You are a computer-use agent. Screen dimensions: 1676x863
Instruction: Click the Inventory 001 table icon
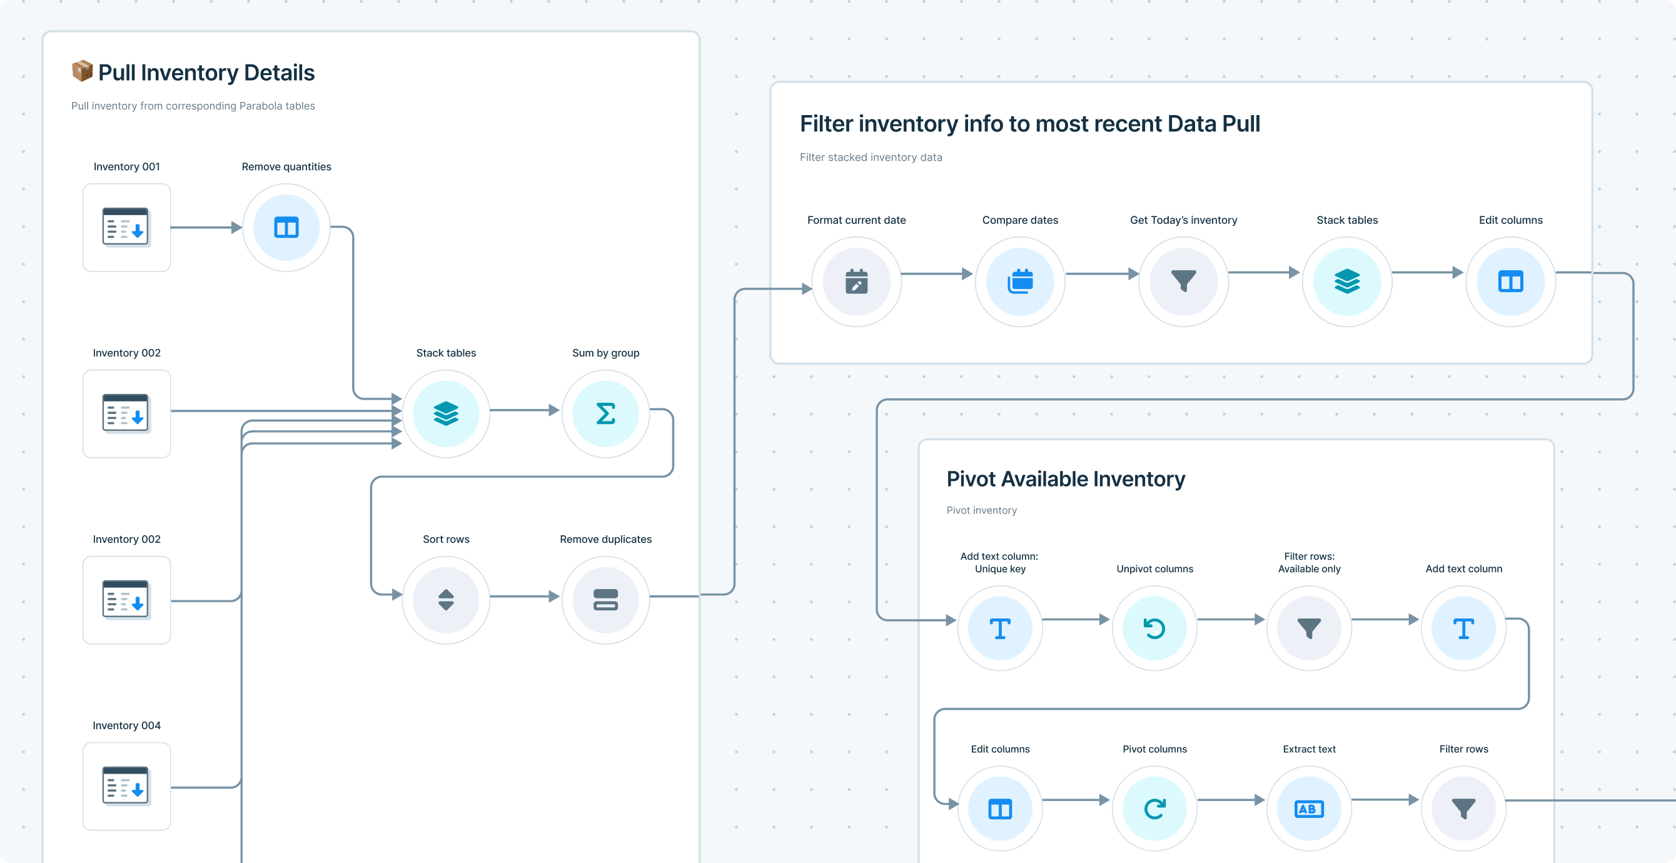pyautogui.click(x=126, y=227)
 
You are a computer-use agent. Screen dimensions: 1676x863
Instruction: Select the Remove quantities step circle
pyautogui.click(x=286, y=227)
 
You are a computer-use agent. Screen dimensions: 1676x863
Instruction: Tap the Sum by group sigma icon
pyautogui.click(x=606, y=413)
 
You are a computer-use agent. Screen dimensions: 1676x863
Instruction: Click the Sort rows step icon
pyautogui.click(x=446, y=600)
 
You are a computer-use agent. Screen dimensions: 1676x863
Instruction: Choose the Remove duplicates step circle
pyautogui.click(x=606, y=600)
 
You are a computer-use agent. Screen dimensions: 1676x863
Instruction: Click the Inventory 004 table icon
pyautogui.click(x=126, y=786)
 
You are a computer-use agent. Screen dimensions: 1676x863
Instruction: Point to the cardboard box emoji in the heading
pyautogui.click(x=82, y=71)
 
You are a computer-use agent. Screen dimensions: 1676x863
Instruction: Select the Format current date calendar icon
pyautogui.click(x=856, y=282)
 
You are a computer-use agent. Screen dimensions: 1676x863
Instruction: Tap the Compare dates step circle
pyautogui.click(x=1020, y=282)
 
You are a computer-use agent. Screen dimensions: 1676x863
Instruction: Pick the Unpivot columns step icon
pyautogui.click(x=1155, y=628)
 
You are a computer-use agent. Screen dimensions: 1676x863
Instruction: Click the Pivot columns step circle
pyautogui.click(x=1155, y=809)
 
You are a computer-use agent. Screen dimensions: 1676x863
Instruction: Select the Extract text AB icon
pyautogui.click(x=1309, y=809)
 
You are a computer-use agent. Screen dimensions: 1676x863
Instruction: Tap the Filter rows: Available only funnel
pyautogui.click(x=1309, y=628)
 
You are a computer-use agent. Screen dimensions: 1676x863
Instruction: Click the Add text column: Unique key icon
pyautogui.click(x=1000, y=628)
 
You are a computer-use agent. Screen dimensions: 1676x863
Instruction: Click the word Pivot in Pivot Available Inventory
pyautogui.click(x=971, y=479)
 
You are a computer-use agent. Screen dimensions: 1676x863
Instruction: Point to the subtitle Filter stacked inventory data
pyautogui.click(x=871, y=157)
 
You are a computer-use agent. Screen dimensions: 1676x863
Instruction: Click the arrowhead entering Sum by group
pyautogui.click(x=554, y=410)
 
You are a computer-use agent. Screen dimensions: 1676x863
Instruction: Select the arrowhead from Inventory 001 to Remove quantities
pyautogui.click(x=237, y=227)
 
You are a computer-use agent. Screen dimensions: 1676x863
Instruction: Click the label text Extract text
pyautogui.click(x=1309, y=749)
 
